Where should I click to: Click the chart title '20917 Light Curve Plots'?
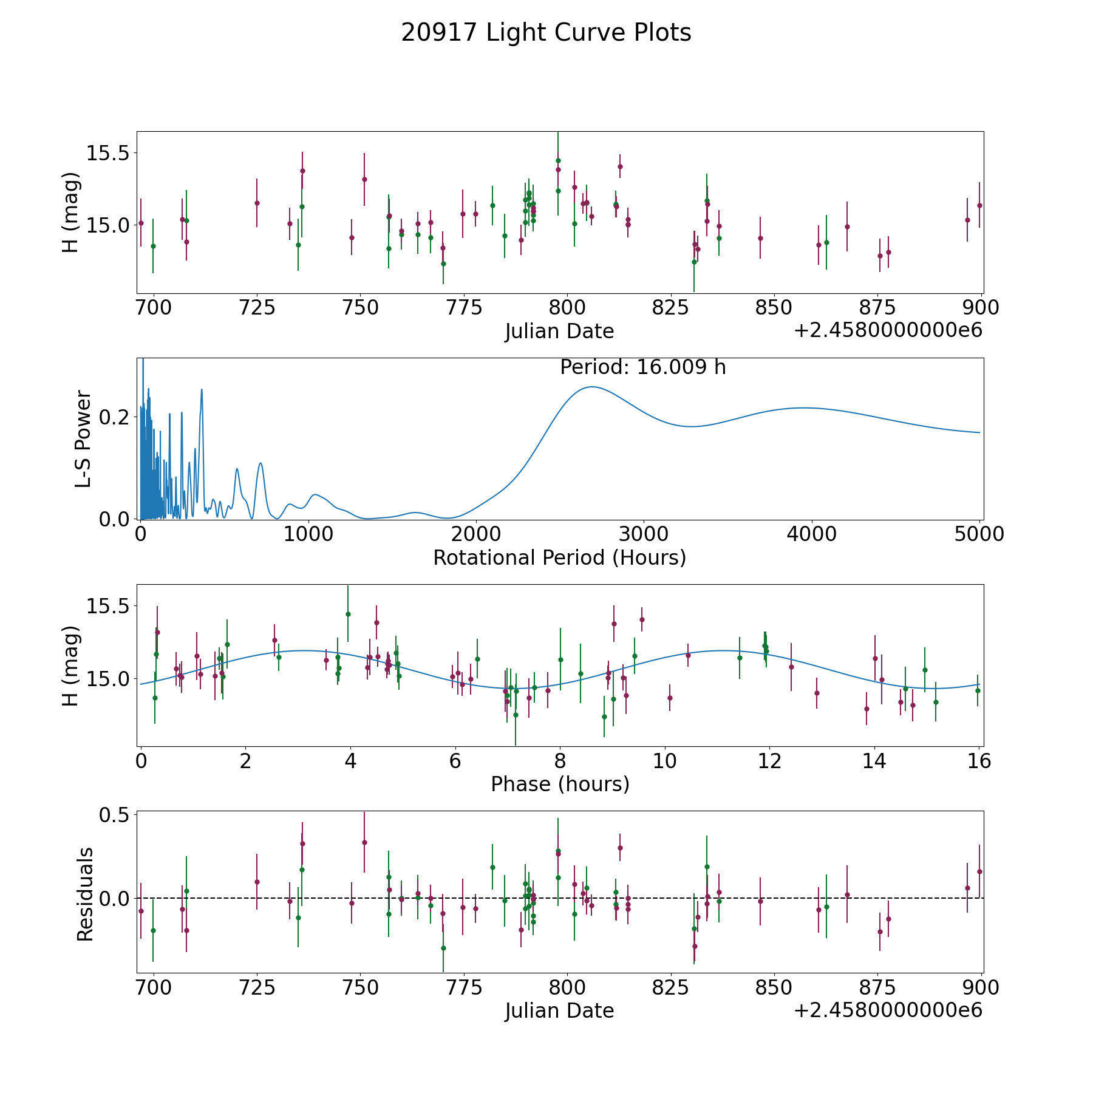point(546,33)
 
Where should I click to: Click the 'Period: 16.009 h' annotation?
point(642,367)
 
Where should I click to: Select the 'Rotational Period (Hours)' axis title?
point(559,557)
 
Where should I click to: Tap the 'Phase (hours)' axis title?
point(560,784)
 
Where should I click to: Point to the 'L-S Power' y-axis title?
point(84,439)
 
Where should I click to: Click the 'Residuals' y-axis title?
point(85,894)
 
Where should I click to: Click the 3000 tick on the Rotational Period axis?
point(644,534)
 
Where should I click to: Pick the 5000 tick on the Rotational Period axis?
point(978,534)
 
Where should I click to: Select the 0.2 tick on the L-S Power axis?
point(114,417)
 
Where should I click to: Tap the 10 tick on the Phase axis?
point(665,761)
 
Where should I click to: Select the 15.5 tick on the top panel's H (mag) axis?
point(108,153)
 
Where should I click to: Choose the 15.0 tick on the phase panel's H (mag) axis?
point(108,679)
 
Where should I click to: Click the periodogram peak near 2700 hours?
point(591,387)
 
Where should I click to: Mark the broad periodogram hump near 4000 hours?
point(803,407)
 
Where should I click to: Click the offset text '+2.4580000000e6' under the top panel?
point(888,330)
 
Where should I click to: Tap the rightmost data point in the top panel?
point(979,205)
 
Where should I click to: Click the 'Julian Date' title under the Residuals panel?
point(559,1010)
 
